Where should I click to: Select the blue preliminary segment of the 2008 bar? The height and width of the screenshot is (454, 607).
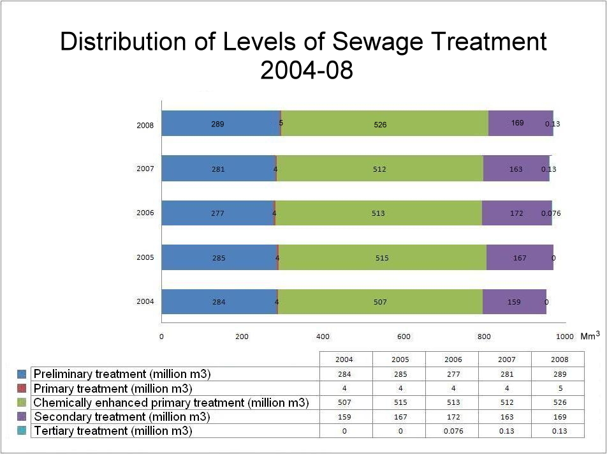pyautogui.click(x=220, y=123)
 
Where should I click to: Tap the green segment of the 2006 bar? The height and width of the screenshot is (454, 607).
pyautogui.click(x=378, y=213)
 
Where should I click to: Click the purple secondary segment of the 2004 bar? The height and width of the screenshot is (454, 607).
pyautogui.click(x=514, y=301)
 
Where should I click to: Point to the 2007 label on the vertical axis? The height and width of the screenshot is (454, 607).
pyautogui.click(x=145, y=169)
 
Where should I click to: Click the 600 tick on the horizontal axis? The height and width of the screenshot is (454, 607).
pyautogui.click(x=403, y=337)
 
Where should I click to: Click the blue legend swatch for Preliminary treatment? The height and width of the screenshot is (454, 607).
pyautogui.click(x=22, y=374)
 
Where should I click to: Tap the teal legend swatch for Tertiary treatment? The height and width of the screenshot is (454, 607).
pyautogui.click(x=22, y=431)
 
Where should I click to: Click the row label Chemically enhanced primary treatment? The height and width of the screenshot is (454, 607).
pyautogui.click(x=171, y=403)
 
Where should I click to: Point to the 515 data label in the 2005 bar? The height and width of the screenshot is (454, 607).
pyautogui.click(x=382, y=258)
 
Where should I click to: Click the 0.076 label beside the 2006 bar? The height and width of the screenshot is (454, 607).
pyautogui.click(x=551, y=213)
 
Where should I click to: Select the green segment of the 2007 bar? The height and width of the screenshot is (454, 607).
pyautogui.click(x=379, y=169)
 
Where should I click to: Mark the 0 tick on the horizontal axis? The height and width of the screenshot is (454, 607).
pyautogui.click(x=161, y=337)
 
